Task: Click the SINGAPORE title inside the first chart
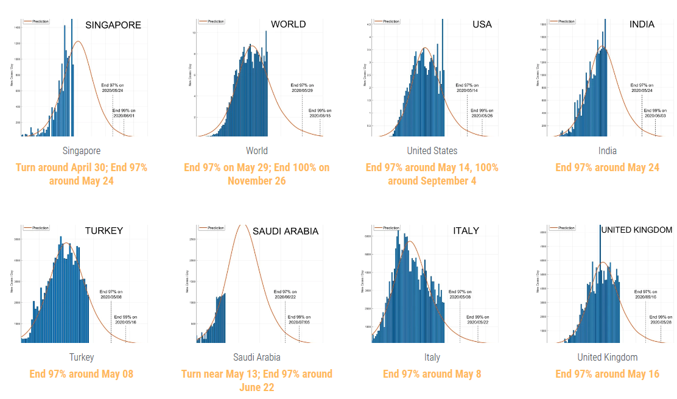[113, 25]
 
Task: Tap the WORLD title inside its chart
[289, 24]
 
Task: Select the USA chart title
[482, 24]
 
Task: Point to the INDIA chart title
[642, 24]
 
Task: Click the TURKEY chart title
[104, 230]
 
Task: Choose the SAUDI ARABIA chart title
[285, 231]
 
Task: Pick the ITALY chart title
[466, 230]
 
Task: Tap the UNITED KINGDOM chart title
[636, 230]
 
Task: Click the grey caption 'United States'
[432, 150]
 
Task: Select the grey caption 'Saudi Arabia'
[257, 357]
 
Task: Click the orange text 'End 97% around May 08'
[82, 373]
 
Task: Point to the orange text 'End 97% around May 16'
[607, 373]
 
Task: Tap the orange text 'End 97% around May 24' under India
[607, 167]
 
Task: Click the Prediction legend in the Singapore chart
[37, 21]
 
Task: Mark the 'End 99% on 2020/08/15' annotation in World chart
[320, 113]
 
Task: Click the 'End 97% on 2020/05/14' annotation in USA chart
[468, 88]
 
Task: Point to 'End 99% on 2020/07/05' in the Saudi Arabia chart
[300, 319]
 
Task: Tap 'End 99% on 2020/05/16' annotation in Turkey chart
[125, 319]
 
